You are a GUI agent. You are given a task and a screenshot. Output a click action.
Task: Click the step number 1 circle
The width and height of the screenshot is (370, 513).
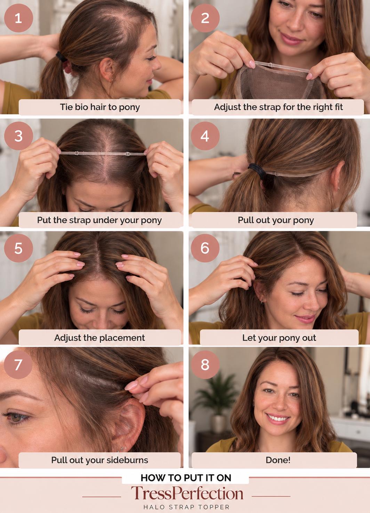(18, 18)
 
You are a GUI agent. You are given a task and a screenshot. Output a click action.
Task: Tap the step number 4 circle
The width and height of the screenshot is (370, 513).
(205, 136)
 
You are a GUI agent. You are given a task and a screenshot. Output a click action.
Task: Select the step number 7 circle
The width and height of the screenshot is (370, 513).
(18, 364)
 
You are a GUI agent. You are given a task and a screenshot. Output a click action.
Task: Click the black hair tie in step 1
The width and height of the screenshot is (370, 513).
(61, 57)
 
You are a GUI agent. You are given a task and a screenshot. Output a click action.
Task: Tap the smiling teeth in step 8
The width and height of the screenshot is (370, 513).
(278, 418)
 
